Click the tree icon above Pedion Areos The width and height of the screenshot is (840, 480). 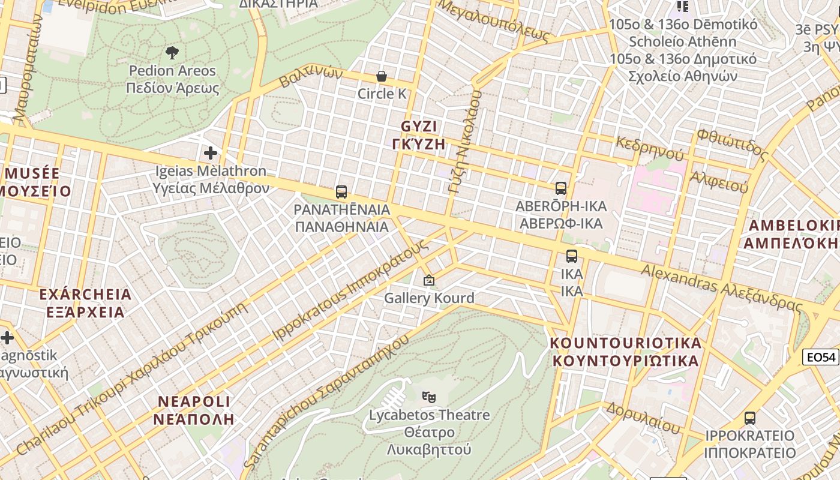click(x=172, y=53)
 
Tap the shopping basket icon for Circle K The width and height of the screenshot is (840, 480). click(x=381, y=76)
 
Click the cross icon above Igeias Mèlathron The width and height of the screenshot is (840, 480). click(x=211, y=153)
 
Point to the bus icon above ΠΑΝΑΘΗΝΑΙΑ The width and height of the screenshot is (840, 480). click(x=341, y=192)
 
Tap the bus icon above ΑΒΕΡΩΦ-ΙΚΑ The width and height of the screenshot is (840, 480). click(x=561, y=188)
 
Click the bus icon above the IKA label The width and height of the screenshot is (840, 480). click(x=572, y=256)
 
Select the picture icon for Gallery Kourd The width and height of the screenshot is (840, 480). click(x=429, y=280)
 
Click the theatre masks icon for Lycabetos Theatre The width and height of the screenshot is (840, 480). click(x=429, y=397)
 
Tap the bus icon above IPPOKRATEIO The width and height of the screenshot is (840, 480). click(x=750, y=418)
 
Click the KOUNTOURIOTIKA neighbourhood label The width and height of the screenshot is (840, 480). click(x=626, y=343)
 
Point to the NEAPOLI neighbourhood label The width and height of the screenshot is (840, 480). click(x=194, y=401)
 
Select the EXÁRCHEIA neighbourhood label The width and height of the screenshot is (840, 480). click(x=85, y=295)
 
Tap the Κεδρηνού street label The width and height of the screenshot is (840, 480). click(x=649, y=148)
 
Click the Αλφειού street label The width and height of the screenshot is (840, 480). click(x=719, y=181)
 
